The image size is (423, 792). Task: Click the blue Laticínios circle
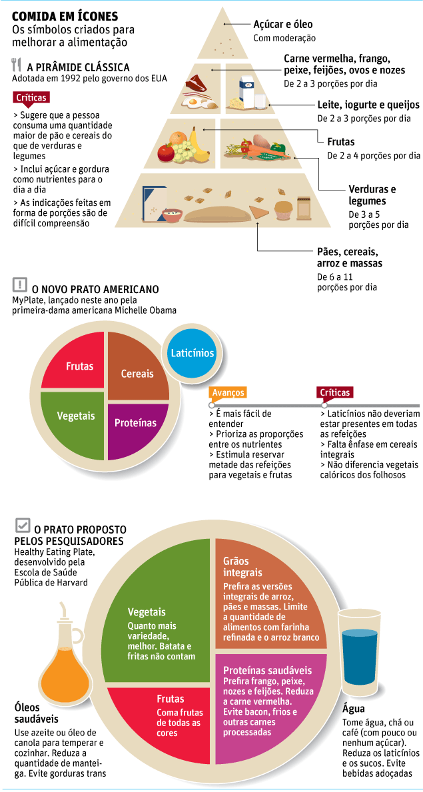tap(192, 353)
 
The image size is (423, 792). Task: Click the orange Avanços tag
tap(228, 392)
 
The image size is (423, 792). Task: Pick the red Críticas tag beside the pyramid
tap(31, 97)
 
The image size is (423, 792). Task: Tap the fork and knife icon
tap(17, 65)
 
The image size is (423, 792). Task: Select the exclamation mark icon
tap(20, 285)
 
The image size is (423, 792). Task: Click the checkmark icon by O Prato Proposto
tap(22, 526)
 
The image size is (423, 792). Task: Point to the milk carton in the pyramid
tap(246, 89)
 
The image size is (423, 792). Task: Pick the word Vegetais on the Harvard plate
tap(147, 611)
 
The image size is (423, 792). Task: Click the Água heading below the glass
tap(354, 709)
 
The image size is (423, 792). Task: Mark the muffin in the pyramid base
tap(284, 209)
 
